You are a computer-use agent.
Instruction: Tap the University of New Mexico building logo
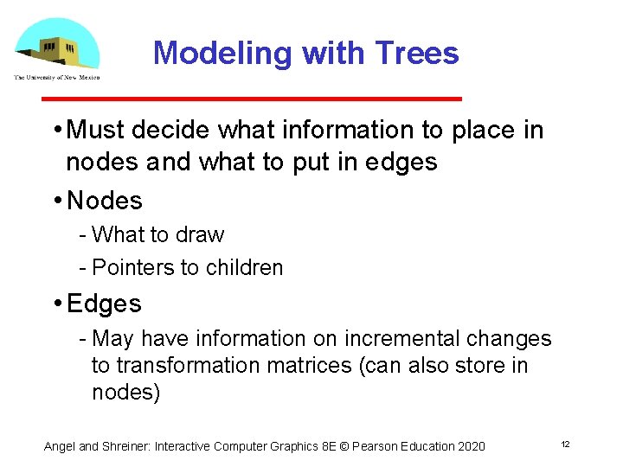click(x=55, y=43)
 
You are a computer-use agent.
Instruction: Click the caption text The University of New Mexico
click(x=56, y=77)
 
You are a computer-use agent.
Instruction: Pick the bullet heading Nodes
click(x=105, y=201)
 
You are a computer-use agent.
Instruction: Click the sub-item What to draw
click(x=157, y=235)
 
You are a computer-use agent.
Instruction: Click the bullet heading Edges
click(x=104, y=304)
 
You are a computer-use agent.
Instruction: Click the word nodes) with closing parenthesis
click(x=126, y=393)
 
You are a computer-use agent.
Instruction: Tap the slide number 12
click(x=565, y=445)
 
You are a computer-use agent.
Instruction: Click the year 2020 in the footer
click(x=470, y=446)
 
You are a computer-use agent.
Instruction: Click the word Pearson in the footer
click(x=374, y=446)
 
